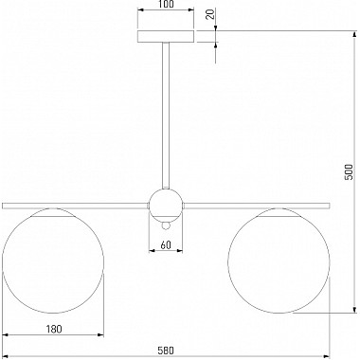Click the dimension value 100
(x=166, y=4)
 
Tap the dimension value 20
(x=210, y=14)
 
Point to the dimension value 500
(x=349, y=171)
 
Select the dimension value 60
(x=166, y=244)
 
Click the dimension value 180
(x=54, y=329)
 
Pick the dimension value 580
(x=166, y=351)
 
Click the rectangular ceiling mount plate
(x=166, y=36)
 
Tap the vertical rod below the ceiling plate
(x=166, y=116)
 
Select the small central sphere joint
(x=166, y=205)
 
